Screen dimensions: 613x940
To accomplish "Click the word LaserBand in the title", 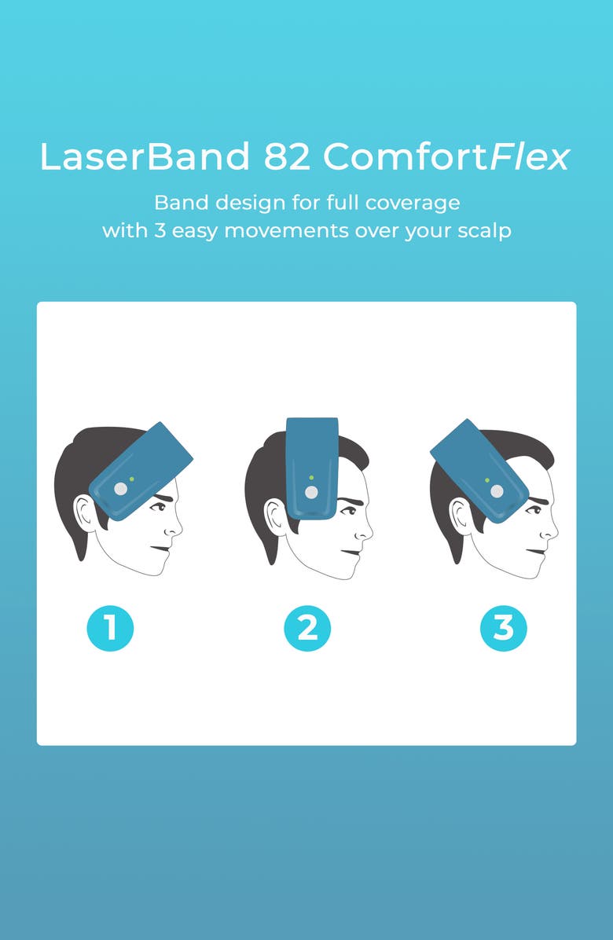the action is click(x=145, y=156).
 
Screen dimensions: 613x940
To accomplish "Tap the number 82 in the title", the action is click(x=287, y=156).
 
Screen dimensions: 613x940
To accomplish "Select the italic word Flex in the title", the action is click(x=529, y=157).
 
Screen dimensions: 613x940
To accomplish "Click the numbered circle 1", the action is click(x=110, y=628).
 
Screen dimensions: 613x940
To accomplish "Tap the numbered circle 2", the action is click(x=306, y=628).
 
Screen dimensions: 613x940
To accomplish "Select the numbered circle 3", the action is click(x=503, y=628).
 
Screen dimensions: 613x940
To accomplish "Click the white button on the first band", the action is click(x=120, y=489).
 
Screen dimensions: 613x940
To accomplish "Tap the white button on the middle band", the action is click(x=311, y=492).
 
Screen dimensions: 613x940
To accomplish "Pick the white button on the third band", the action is click(x=497, y=491).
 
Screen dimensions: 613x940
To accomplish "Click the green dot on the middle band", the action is click(x=311, y=478).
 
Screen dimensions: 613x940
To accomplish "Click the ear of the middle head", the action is click(x=273, y=516).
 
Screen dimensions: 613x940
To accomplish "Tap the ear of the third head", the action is click(x=460, y=515).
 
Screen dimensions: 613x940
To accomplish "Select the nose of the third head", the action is click(x=550, y=527).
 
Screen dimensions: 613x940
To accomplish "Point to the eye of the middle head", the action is click(x=348, y=511).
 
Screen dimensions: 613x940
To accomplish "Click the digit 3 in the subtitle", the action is click(x=160, y=230).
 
